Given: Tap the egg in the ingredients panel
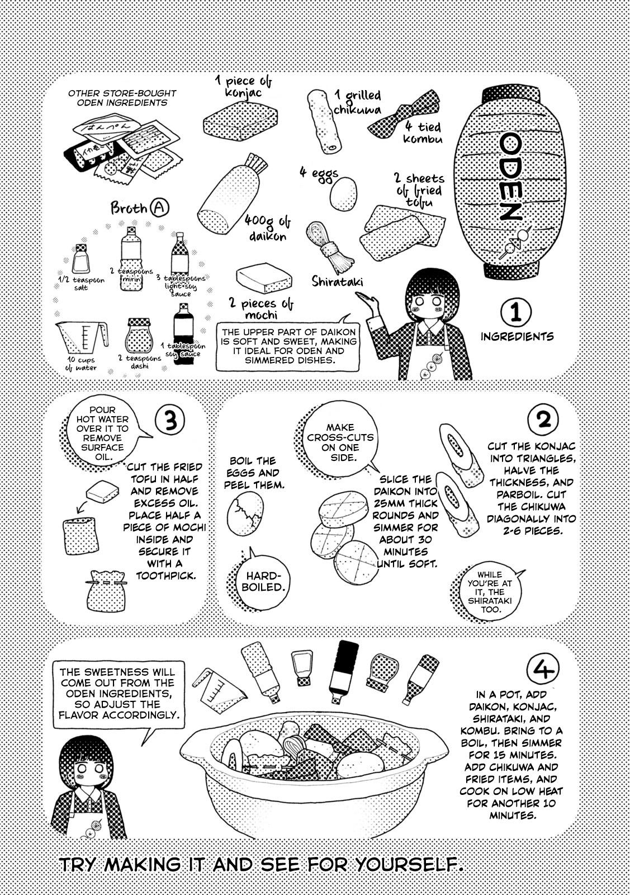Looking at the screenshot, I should (x=342, y=194).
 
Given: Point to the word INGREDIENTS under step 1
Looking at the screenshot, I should (x=517, y=337).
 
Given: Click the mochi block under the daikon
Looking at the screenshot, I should (x=264, y=276).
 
